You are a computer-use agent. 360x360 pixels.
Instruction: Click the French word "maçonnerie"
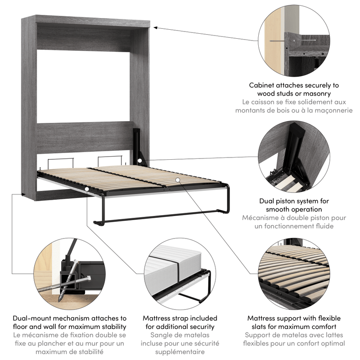click(x=331, y=110)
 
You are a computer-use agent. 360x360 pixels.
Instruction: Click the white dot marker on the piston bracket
click(x=140, y=161)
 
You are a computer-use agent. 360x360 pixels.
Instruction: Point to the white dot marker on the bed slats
click(x=178, y=180)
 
